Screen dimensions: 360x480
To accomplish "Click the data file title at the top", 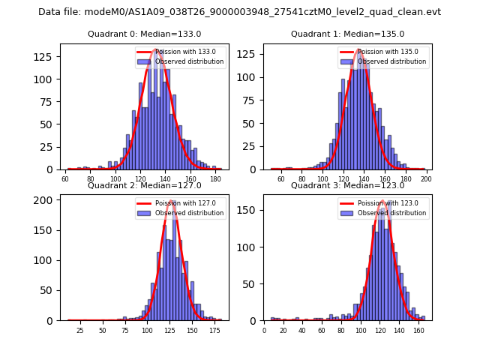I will tap(239, 12).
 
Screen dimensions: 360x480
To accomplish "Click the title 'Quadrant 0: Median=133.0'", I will tap(145, 34).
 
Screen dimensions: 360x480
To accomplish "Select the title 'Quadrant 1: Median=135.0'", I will tap(347, 34).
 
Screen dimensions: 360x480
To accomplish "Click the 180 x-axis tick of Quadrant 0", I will tap(216, 180).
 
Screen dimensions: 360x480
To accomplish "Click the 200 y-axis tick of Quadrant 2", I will tap(49, 199).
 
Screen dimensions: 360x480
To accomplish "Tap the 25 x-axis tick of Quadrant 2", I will tap(80, 331).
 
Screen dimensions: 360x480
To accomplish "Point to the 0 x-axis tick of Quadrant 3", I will tap(264, 331).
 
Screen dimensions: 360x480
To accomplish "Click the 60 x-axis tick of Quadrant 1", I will tap(281, 180).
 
